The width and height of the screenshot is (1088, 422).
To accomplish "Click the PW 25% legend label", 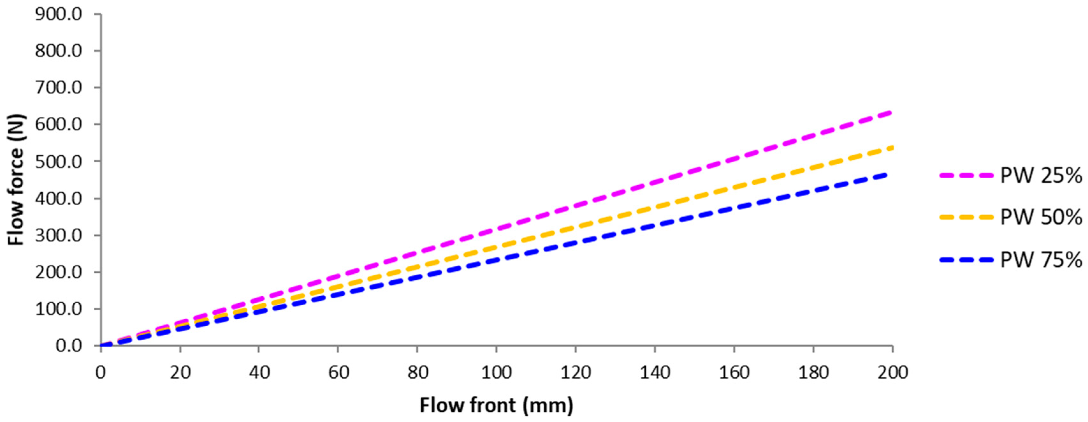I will coord(1041,175).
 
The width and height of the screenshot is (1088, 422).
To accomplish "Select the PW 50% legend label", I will coord(1041,217).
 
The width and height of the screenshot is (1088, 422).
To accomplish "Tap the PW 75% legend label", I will coord(1041,260).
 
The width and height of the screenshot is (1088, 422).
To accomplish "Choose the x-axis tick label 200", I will coord(892,373).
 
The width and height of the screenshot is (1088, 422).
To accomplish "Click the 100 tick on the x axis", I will coord(496,373).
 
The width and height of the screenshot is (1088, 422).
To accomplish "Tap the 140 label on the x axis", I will coord(655,373).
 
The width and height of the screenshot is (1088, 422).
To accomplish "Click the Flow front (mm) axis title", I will coord(496,405).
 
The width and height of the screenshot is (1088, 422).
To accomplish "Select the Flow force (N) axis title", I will coord(17,180).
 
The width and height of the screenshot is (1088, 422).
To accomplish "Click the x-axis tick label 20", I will coord(180,373).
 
